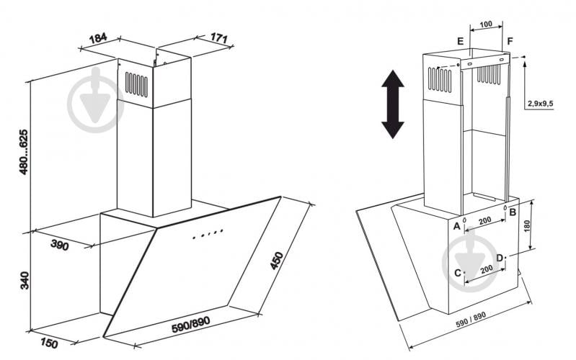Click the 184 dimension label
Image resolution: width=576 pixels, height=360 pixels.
98,38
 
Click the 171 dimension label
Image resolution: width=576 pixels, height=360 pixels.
219,37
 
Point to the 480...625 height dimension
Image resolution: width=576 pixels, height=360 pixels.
24,151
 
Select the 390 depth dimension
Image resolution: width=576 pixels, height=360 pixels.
60,245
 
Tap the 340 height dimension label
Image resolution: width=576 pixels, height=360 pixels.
25,280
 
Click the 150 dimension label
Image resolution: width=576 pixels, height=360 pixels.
49,343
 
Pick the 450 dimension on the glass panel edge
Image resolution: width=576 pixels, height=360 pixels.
277,261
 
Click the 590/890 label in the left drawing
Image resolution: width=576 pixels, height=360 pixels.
191,324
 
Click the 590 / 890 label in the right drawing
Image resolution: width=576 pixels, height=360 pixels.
471,320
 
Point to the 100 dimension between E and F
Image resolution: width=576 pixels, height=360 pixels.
486,24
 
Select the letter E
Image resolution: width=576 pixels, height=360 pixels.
460,41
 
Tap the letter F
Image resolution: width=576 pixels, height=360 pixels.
510,41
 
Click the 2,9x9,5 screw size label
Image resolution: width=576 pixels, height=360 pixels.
541,104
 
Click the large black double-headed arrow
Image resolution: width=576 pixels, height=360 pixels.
393,104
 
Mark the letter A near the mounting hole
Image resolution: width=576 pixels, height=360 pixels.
456,226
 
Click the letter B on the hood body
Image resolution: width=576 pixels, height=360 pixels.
513,212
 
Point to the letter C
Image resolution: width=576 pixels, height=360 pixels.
458,273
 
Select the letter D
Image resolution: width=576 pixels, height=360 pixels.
500,258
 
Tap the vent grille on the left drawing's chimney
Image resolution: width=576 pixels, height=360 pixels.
136,84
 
